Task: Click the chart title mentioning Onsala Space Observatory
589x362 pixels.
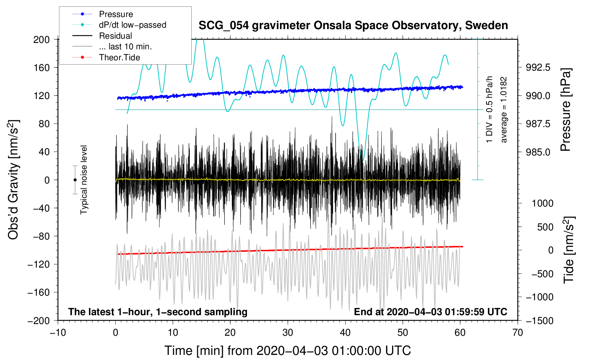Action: [353, 26]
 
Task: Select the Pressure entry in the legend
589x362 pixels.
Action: [116, 14]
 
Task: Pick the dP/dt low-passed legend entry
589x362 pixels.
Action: [132, 25]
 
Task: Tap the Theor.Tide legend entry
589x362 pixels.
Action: [119, 57]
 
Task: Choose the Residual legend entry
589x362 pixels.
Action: [115, 36]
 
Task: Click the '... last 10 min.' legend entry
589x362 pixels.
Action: [125, 46]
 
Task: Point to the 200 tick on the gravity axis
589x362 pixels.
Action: [42, 39]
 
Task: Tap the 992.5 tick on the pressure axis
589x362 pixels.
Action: [538, 67]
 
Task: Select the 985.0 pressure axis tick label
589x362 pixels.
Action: [538, 152]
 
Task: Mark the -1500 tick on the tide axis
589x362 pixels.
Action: [540, 320]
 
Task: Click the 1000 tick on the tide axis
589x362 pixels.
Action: [543, 203]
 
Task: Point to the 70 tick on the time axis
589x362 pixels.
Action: [517, 333]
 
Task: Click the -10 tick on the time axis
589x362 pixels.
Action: [58, 333]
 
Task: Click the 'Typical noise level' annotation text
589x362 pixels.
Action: [84, 180]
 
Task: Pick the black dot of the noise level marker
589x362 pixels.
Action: [75, 180]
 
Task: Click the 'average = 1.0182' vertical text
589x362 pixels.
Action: [504, 110]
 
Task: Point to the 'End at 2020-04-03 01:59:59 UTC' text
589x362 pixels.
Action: [430, 312]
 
